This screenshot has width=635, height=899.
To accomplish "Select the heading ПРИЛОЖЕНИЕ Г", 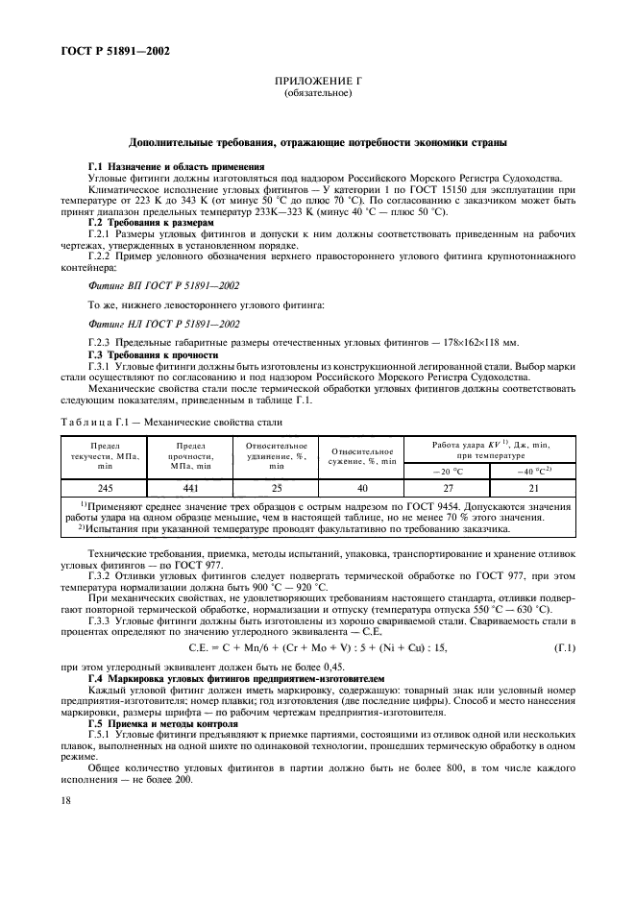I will coord(317,85).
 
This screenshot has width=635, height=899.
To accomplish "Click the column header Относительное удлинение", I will coord(276,454).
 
